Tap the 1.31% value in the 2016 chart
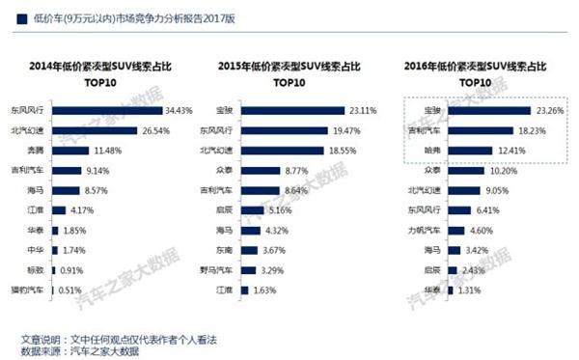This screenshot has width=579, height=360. [470, 290]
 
